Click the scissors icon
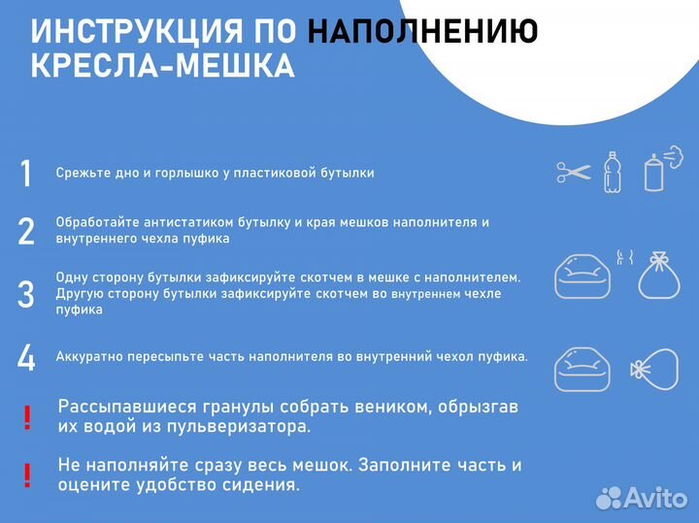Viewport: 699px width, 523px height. [x=574, y=173]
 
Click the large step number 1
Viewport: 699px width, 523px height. [x=26, y=174]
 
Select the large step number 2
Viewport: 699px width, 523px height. [x=26, y=231]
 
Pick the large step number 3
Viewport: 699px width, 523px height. [x=26, y=293]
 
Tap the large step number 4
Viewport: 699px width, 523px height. [x=26, y=357]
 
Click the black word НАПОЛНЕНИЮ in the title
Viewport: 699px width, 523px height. [x=422, y=32]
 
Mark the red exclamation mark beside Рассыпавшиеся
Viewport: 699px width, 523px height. [x=27, y=418]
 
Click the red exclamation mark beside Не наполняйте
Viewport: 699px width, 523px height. [x=27, y=475]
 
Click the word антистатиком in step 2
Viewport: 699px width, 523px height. [x=169, y=222]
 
